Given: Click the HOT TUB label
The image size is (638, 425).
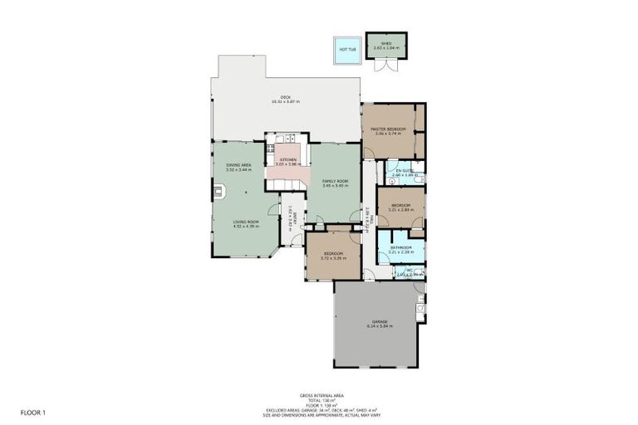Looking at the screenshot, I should (346, 49).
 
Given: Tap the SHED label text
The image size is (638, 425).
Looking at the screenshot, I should (386, 42).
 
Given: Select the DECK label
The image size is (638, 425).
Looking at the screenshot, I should (285, 97).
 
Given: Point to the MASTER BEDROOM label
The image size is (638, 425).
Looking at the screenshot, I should (388, 129).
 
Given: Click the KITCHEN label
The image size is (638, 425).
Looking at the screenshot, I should (287, 159).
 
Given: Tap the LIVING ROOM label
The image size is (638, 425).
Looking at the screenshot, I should (246, 222).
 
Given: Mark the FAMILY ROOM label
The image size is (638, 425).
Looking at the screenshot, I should (335, 180).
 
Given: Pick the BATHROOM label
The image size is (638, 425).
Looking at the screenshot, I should (402, 247).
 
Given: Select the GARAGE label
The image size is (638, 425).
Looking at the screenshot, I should (380, 321).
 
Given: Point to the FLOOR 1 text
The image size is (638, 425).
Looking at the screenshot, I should (34, 412).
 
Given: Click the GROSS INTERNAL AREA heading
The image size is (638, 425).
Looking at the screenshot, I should (321, 396).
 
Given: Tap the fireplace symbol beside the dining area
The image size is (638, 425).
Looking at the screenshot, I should (218, 192).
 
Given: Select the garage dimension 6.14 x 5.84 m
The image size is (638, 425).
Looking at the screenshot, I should (380, 326).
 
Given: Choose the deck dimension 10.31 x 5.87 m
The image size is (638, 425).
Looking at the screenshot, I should (285, 102).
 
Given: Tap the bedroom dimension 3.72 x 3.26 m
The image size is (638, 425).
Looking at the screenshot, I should (332, 258).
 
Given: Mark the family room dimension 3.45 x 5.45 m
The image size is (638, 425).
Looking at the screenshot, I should (335, 185).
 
